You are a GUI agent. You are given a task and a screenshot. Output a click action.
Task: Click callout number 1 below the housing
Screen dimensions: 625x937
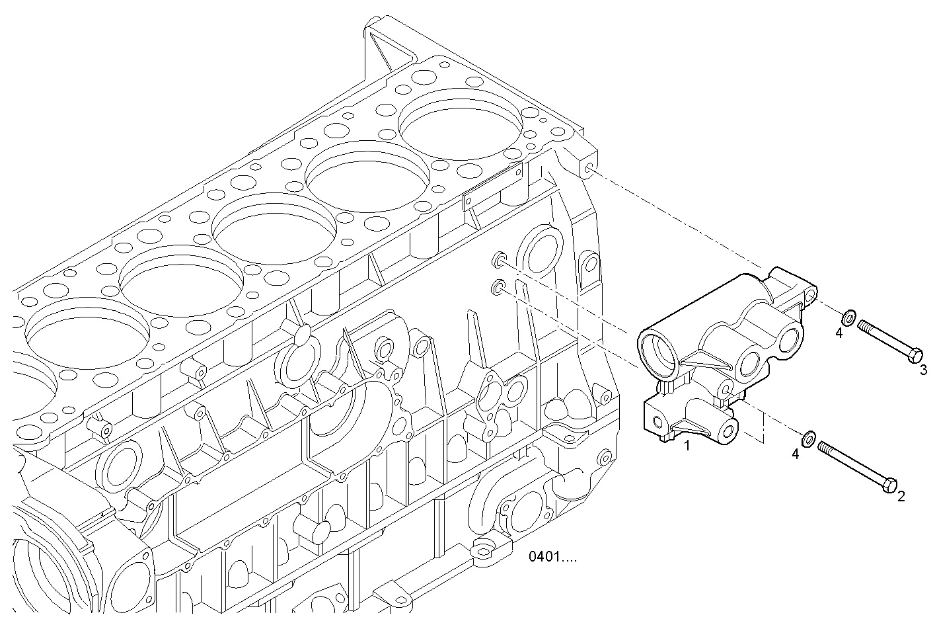(x=687, y=446)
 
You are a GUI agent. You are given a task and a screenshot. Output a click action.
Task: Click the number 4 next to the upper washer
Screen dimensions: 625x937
(x=839, y=333)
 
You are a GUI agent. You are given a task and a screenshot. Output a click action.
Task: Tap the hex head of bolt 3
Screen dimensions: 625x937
(x=915, y=355)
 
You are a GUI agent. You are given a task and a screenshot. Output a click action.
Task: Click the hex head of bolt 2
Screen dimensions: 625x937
(x=890, y=485)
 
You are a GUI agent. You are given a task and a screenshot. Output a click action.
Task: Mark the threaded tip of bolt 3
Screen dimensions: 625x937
(x=862, y=325)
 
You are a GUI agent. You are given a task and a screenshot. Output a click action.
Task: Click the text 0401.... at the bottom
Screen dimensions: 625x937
(x=552, y=557)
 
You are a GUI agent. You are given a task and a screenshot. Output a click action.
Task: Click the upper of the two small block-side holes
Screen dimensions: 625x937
(x=498, y=259)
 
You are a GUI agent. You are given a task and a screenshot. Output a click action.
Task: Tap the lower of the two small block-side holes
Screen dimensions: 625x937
(x=498, y=288)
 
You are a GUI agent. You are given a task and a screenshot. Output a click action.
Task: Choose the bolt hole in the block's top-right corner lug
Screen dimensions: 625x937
(x=586, y=172)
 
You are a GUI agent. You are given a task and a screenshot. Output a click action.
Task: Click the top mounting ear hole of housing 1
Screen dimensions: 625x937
(x=811, y=294)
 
